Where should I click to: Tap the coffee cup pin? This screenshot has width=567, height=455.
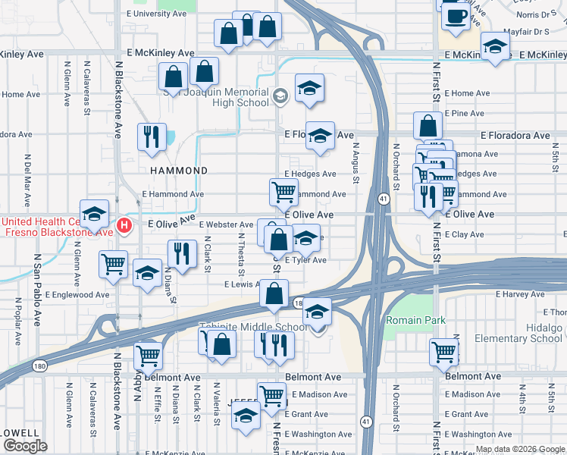point(455,17)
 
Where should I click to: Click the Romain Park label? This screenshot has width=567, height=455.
point(415,320)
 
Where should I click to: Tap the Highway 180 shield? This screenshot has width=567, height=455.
point(299,302)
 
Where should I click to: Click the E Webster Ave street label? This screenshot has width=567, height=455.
point(226,224)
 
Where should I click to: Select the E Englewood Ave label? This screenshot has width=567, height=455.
point(77,294)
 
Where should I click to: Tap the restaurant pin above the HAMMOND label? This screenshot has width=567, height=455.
point(152,136)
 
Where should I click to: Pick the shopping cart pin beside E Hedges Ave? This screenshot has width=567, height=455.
point(283,192)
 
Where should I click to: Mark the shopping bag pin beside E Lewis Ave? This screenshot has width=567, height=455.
point(274,293)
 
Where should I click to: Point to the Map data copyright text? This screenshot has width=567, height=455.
point(518,449)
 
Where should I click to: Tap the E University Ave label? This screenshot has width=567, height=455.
point(161,14)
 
